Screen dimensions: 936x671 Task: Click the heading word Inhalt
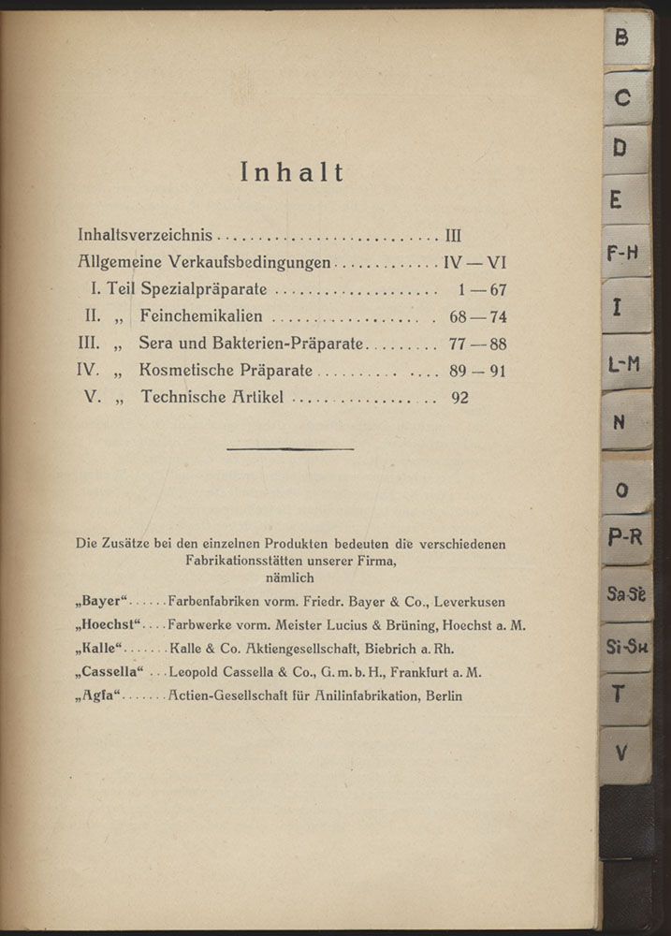click(x=292, y=172)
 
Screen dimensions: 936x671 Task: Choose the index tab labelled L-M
click(x=624, y=363)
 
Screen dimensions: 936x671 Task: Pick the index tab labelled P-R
click(x=625, y=538)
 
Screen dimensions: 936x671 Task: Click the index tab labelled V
click(x=622, y=751)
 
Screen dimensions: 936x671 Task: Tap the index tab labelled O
click(x=623, y=490)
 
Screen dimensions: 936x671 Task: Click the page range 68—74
click(x=477, y=317)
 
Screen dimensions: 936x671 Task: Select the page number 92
click(x=459, y=397)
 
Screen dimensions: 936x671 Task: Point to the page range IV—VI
click(x=474, y=264)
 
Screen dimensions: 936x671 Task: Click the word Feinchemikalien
click(x=201, y=317)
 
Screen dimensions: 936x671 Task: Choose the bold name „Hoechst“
click(x=109, y=624)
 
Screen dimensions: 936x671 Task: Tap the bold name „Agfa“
click(x=99, y=695)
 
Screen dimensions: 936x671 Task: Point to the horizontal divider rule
click(x=290, y=449)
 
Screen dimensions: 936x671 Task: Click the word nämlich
click(x=290, y=578)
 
